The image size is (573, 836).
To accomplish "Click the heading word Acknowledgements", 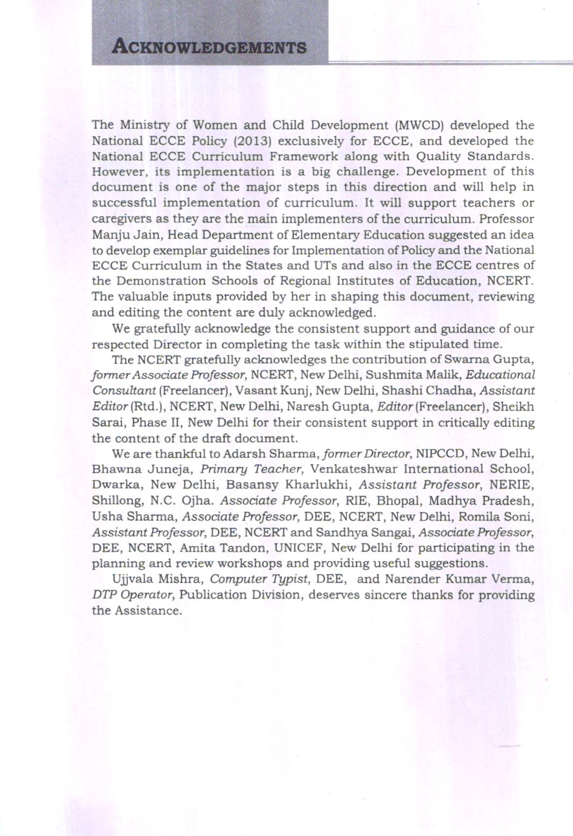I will tap(209, 47).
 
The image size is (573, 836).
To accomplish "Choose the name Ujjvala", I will tap(134, 579).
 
